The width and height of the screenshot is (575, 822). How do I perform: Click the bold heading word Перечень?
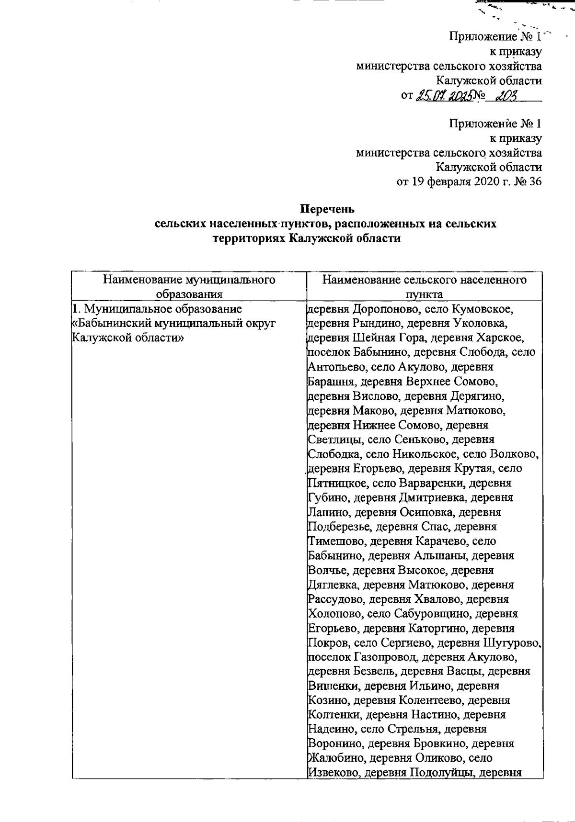click(326, 209)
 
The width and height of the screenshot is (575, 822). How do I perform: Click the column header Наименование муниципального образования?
click(189, 286)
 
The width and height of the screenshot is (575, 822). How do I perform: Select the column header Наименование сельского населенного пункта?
click(424, 286)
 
